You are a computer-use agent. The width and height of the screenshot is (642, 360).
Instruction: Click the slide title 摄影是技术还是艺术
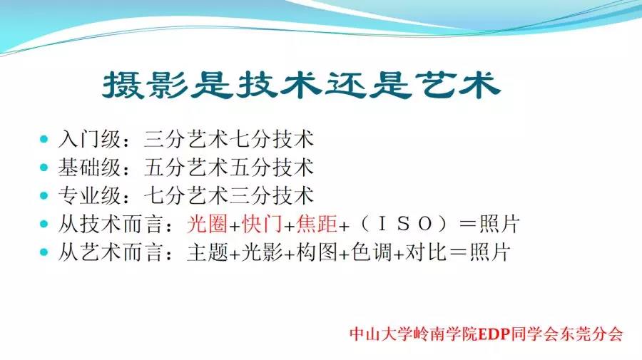tap(301, 86)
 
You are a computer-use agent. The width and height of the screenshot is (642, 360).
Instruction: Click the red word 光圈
tap(207, 224)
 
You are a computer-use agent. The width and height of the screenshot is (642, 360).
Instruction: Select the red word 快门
tap(263, 224)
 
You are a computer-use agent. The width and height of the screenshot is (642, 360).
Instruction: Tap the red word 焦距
tap(317, 224)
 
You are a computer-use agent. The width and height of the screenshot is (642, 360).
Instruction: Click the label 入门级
tap(89, 139)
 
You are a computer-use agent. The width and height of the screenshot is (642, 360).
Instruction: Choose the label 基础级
tap(89, 168)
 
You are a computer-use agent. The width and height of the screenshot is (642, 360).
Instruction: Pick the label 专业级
tap(89, 195)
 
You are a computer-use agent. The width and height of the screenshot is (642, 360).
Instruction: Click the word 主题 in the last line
tap(207, 252)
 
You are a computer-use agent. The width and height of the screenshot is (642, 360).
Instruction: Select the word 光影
tap(263, 252)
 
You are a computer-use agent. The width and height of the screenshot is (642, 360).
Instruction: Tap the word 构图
tap(317, 252)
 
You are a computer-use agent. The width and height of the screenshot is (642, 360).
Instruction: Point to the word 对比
tap(426, 252)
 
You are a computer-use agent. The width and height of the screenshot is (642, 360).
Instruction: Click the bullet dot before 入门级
tap(44, 140)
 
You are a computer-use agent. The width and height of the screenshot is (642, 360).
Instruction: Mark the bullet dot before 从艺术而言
tap(44, 252)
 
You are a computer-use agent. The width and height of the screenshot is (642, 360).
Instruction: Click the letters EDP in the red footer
tap(494, 334)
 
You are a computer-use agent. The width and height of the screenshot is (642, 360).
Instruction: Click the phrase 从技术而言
tap(111, 224)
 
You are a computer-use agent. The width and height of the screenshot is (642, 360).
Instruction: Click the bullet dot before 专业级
tap(44, 196)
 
